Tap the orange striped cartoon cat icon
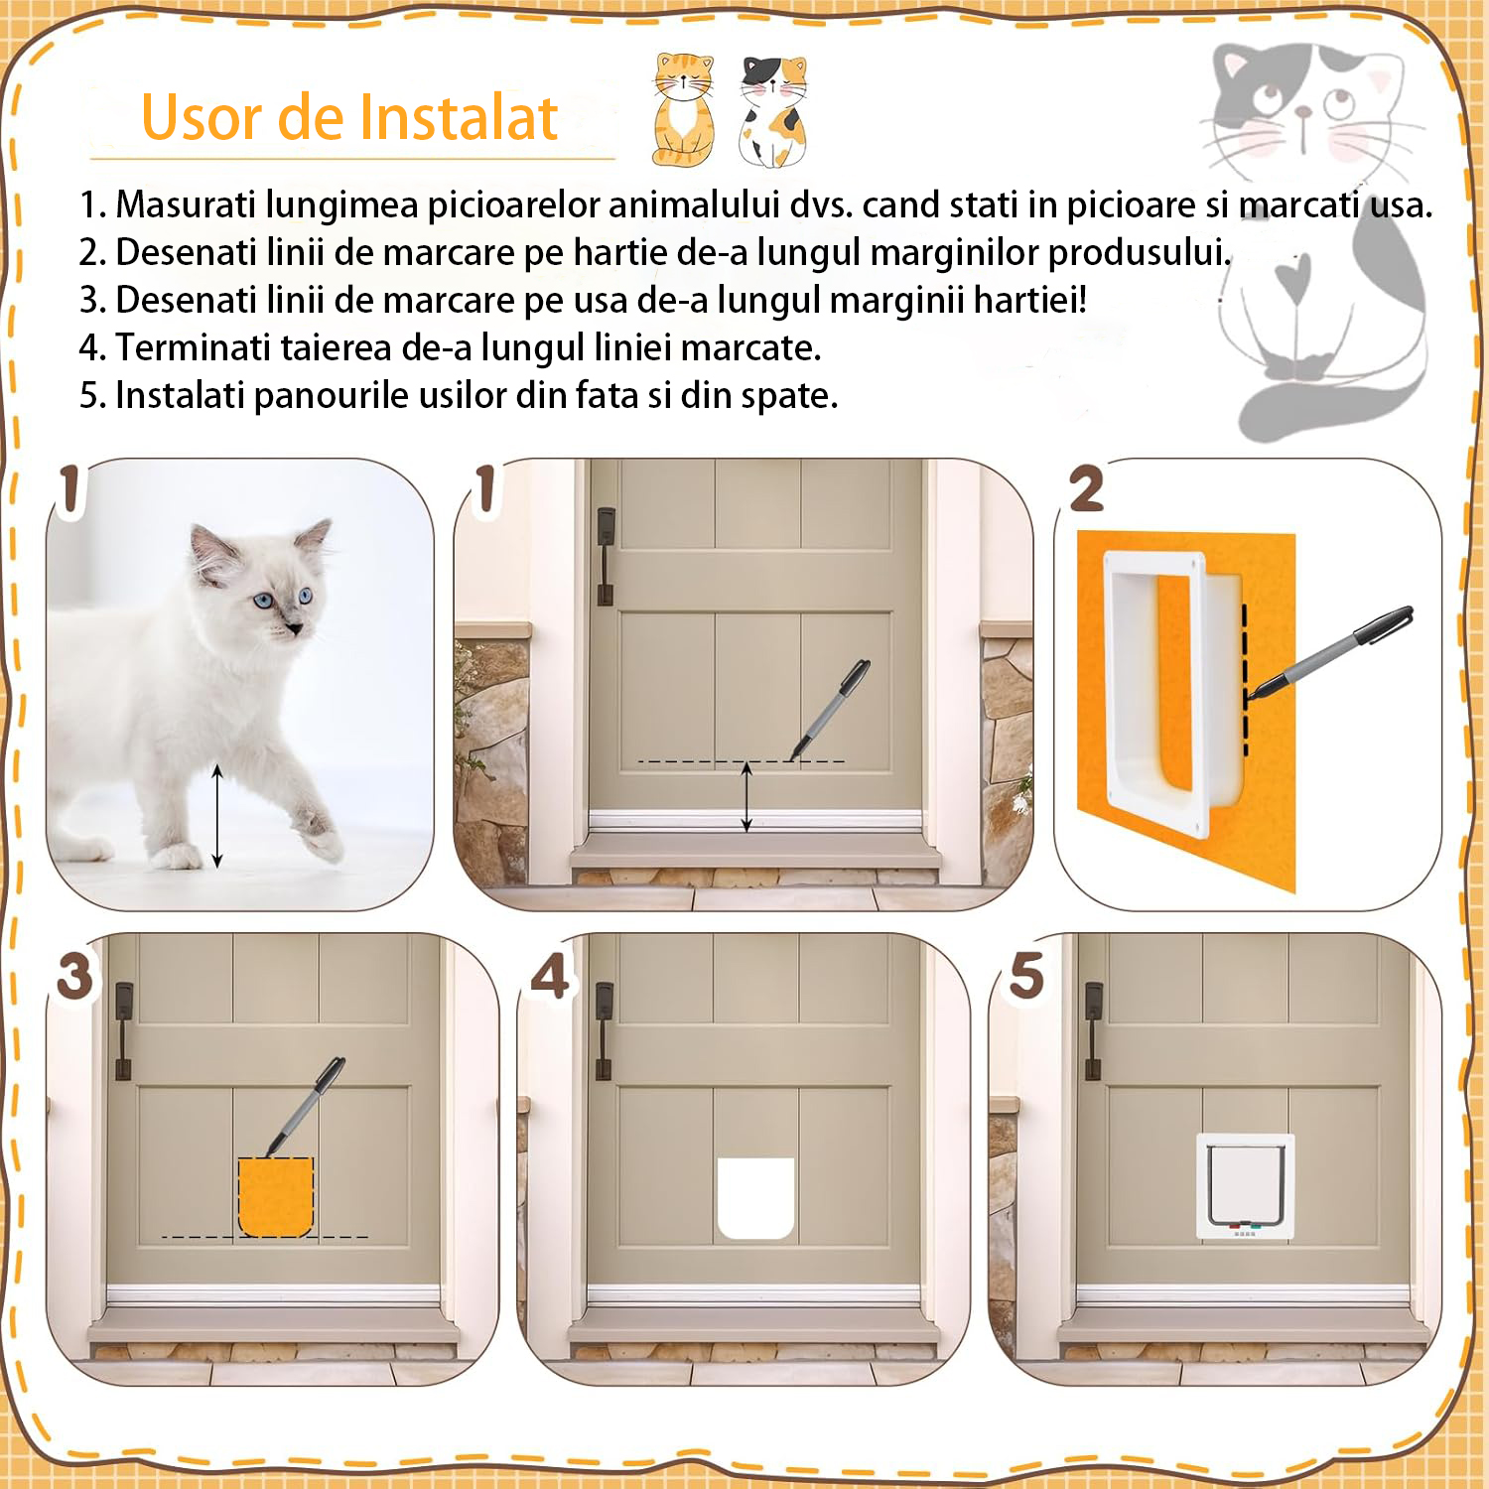(x=683, y=109)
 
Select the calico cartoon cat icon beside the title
(x=773, y=111)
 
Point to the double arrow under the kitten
(x=217, y=816)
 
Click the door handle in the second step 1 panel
(x=605, y=557)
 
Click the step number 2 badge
(x=1087, y=489)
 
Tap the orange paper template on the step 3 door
(x=276, y=1196)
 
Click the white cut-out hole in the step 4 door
(x=755, y=1198)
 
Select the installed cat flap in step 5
(x=1246, y=1185)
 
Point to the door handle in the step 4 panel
(x=603, y=1031)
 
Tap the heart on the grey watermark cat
(x=1293, y=279)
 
